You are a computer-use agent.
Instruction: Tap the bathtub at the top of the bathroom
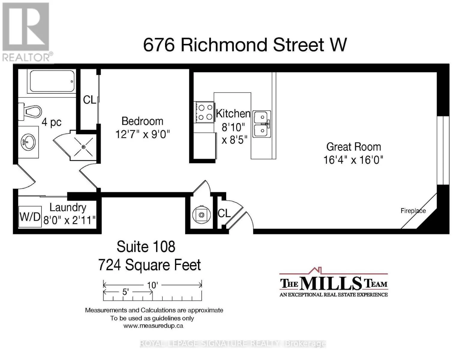(52, 81)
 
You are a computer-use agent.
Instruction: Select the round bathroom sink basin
(28, 142)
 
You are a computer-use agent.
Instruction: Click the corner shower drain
(84, 147)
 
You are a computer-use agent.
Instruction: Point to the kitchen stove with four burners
(204, 112)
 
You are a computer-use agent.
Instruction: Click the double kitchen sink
(262, 124)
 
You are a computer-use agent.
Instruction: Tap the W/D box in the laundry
(30, 217)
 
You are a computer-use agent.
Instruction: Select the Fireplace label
(413, 211)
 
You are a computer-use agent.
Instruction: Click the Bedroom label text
(143, 121)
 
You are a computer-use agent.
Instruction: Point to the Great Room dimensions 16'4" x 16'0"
(353, 160)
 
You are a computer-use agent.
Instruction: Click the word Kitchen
(233, 113)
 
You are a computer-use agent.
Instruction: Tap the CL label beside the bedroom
(89, 100)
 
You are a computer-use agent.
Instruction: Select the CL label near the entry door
(224, 213)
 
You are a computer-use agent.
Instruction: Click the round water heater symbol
(201, 214)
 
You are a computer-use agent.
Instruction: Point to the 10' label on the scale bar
(152, 285)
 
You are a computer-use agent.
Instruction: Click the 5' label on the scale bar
(125, 292)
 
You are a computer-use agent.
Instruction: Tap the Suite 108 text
(146, 247)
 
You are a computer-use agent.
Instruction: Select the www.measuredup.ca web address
(153, 326)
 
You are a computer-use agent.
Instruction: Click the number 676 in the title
(159, 45)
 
